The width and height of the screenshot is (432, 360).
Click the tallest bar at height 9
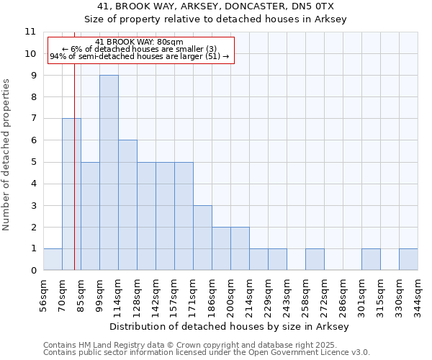pyautogui.click(x=109, y=173)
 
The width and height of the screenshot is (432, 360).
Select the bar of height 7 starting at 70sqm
pyautogui.click(x=71, y=194)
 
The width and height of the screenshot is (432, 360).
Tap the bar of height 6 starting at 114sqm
pyautogui.click(x=127, y=205)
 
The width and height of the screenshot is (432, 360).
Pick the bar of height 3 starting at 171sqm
pyautogui.click(x=202, y=238)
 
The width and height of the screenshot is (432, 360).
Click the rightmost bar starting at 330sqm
pyautogui.click(x=408, y=259)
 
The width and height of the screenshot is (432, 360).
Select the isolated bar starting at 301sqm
pyautogui.click(x=371, y=259)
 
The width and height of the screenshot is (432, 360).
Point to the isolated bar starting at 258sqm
pyautogui.click(x=315, y=259)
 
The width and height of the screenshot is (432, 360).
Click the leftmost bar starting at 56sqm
pyautogui.click(x=53, y=259)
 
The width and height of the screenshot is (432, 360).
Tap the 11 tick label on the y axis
pyautogui.click(x=30, y=32)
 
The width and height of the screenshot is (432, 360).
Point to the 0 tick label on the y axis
pyautogui.click(x=33, y=271)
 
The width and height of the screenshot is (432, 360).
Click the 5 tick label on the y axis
pyautogui.click(x=33, y=162)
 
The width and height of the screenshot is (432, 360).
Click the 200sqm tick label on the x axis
pyautogui.click(x=230, y=294)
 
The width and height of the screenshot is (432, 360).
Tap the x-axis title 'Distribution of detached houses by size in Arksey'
pyautogui.click(x=230, y=327)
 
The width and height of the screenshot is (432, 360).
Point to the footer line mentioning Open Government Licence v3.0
pyautogui.click(x=207, y=353)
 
